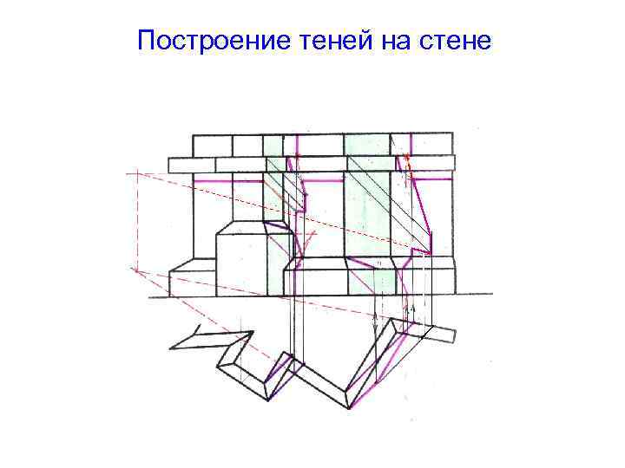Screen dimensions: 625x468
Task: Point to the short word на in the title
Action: (x=387, y=41)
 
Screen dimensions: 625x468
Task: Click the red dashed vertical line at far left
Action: (x=136, y=221)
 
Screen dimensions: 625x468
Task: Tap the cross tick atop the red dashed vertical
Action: (x=136, y=174)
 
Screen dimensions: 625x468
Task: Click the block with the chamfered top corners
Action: (x=239, y=258)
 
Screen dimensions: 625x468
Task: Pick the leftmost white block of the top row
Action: (x=212, y=145)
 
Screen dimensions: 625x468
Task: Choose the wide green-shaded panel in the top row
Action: (x=366, y=145)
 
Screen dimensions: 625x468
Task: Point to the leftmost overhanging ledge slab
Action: (x=191, y=165)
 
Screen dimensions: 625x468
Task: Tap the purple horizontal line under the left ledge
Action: (x=227, y=181)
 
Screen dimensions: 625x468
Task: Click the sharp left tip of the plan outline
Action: (x=172, y=347)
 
